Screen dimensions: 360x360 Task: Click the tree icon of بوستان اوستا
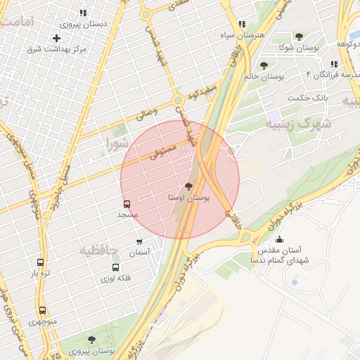pyautogui.click(x=188, y=186)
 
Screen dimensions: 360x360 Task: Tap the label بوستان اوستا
pyautogui.click(x=188, y=199)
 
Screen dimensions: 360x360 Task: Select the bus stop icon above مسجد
pyautogui.click(x=127, y=203)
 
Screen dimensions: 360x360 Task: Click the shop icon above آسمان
pyautogui.click(x=139, y=242)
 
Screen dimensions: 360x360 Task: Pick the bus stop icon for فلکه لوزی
pyautogui.click(x=115, y=267)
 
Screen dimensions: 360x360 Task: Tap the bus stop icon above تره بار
pyautogui.click(x=40, y=262)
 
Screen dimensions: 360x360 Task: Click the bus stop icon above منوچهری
pyautogui.click(x=43, y=310)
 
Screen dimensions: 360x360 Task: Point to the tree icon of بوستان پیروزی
pyautogui.click(x=91, y=340)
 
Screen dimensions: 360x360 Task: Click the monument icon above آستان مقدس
pyautogui.click(x=279, y=238)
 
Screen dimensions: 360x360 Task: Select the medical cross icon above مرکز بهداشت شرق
pyautogui.click(x=57, y=38)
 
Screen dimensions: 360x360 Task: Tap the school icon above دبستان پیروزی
pyautogui.click(x=83, y=13)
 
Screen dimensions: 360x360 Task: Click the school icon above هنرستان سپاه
pyautogui.click(x=242, y=24)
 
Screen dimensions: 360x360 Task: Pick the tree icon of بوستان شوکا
pyautogui.click(x=299, y=37)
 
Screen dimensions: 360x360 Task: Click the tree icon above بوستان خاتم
pyautogui.click(x=264, y=65)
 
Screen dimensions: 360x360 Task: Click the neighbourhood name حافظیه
pyautogui.click(x=98, y=250)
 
